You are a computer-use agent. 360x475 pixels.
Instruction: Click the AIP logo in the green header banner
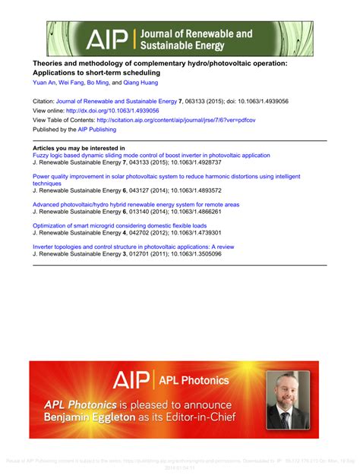point(107,39)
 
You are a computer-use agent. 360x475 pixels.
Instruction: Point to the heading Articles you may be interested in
point(79,148)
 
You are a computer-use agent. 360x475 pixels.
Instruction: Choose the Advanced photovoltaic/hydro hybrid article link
point(136,204)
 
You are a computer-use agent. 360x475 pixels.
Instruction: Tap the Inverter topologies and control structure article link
point(134,247)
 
